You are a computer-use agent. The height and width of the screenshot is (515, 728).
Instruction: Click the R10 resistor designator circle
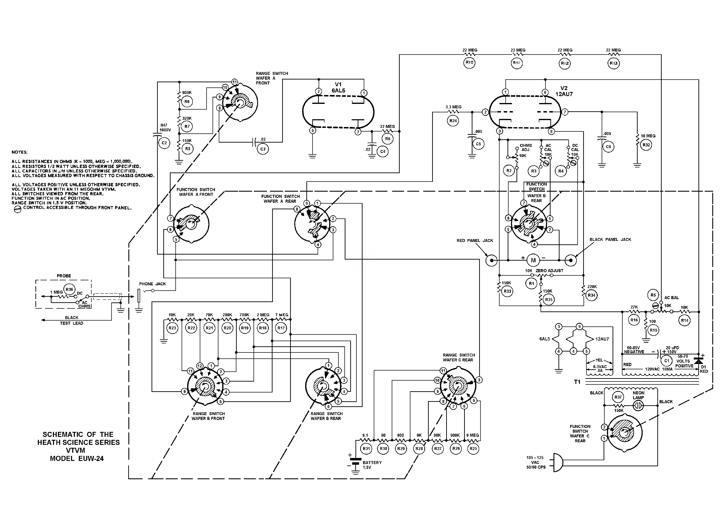pos(469,62)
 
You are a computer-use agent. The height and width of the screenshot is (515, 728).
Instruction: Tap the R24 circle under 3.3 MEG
pos(453,121)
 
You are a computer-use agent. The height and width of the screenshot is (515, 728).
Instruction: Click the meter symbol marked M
pos(533,260)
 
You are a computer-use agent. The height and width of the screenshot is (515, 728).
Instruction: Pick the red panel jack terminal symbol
pos(491,260)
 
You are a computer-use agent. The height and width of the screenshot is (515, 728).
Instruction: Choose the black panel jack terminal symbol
pos(571,260)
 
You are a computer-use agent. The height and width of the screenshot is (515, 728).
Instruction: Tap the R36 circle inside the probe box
pos(69,289)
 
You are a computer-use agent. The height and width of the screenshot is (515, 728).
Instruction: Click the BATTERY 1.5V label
pos(372,465)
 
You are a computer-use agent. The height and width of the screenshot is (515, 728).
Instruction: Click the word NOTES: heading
pos(20,152)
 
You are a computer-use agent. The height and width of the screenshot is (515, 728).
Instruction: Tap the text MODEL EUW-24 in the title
pos(77,458)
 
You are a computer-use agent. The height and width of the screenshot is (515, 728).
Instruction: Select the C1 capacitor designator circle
pos(666,360)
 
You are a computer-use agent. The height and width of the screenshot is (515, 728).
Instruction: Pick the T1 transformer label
pos(577,382)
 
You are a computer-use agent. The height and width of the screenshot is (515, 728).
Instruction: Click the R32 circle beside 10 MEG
pos(646,145)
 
